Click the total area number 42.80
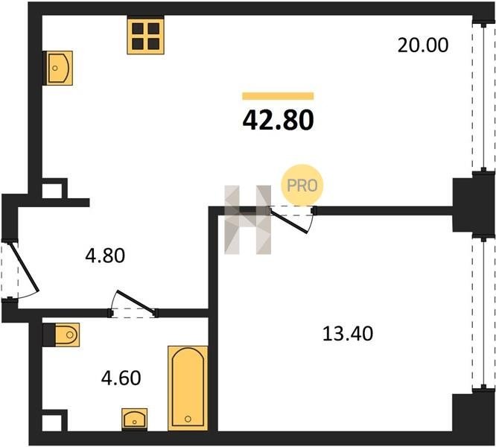[x=278, y=120]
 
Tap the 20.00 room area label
[x=422, y=45]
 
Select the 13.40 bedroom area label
[x=348, y=334]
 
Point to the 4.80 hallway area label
[x=105, y=256]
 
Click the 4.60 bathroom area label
[x=121, y=378]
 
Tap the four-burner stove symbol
[x=145, y=36]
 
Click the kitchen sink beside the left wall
[x=59, y=68]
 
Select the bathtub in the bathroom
[x=188, y=388]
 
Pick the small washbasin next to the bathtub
[x=135, y=419]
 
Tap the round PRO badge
[x=302, y=185]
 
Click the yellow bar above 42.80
[x=278, y=96]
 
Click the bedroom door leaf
[x=288, y=221]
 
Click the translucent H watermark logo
[x=248, y=220]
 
